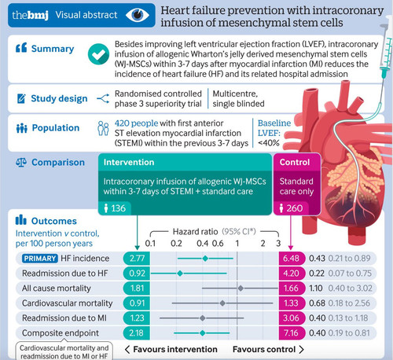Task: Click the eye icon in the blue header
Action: coord(138,15)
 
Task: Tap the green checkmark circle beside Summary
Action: coord(98,54)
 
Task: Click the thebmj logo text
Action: coord(30,15)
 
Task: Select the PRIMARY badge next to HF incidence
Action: coord(40,259)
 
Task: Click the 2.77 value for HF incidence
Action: coord(137,259)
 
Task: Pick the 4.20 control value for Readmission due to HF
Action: coord(292,274)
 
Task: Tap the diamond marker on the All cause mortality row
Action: coord(241,288)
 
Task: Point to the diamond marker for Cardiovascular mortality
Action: coord(222,303)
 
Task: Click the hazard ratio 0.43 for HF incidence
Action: coord(317,259)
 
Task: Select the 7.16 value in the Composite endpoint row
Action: coord(292,333)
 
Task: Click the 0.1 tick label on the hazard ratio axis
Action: coord(150,244)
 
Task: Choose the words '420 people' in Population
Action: coord(136,123)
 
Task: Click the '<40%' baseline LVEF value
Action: coord(269,143)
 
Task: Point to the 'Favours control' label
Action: coord(264,349)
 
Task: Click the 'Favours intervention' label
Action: coord(175,349)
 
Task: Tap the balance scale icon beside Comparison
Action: coord(21,163)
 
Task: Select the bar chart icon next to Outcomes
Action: coord(21,220)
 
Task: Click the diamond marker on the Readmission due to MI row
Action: coord(202,318)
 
